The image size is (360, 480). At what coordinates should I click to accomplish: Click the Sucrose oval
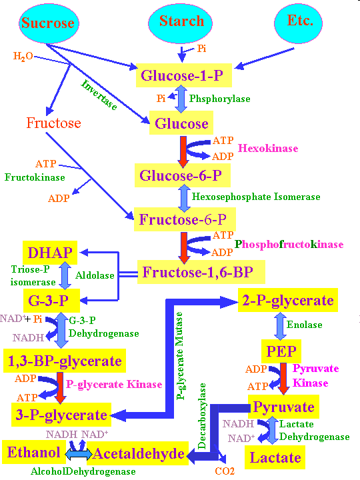pos(49,23)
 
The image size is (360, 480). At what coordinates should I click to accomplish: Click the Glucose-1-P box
pos(184,75)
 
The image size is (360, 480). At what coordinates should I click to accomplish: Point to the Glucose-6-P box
pos(183,175)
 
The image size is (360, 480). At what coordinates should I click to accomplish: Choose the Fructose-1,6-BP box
pos(201,272)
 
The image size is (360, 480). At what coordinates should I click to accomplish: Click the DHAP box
pos(50,253)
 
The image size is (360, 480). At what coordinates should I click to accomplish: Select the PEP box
pos(281,351)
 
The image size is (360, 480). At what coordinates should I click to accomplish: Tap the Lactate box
pos(275,457)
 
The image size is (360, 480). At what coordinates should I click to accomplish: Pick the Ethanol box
pos(34,452)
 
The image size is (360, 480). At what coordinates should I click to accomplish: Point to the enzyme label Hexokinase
pos(268,149)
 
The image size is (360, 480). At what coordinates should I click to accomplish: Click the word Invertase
pos(99,95)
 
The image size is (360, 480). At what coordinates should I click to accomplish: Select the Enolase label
pos(304,325)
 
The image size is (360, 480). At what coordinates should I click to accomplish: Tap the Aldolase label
pos(95,275)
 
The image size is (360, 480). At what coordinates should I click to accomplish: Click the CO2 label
pos(225,471)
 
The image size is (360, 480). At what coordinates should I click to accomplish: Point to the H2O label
pos(23,56)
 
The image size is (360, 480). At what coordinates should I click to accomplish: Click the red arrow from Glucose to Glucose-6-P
pos(183,152)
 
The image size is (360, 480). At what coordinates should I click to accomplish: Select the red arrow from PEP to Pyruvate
pos(283,379)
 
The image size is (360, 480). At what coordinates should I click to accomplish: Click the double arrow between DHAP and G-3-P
pos(65,275)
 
